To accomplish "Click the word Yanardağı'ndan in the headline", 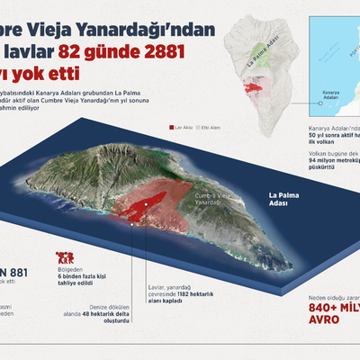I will (166, 29).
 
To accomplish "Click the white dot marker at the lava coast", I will (133, 225).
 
